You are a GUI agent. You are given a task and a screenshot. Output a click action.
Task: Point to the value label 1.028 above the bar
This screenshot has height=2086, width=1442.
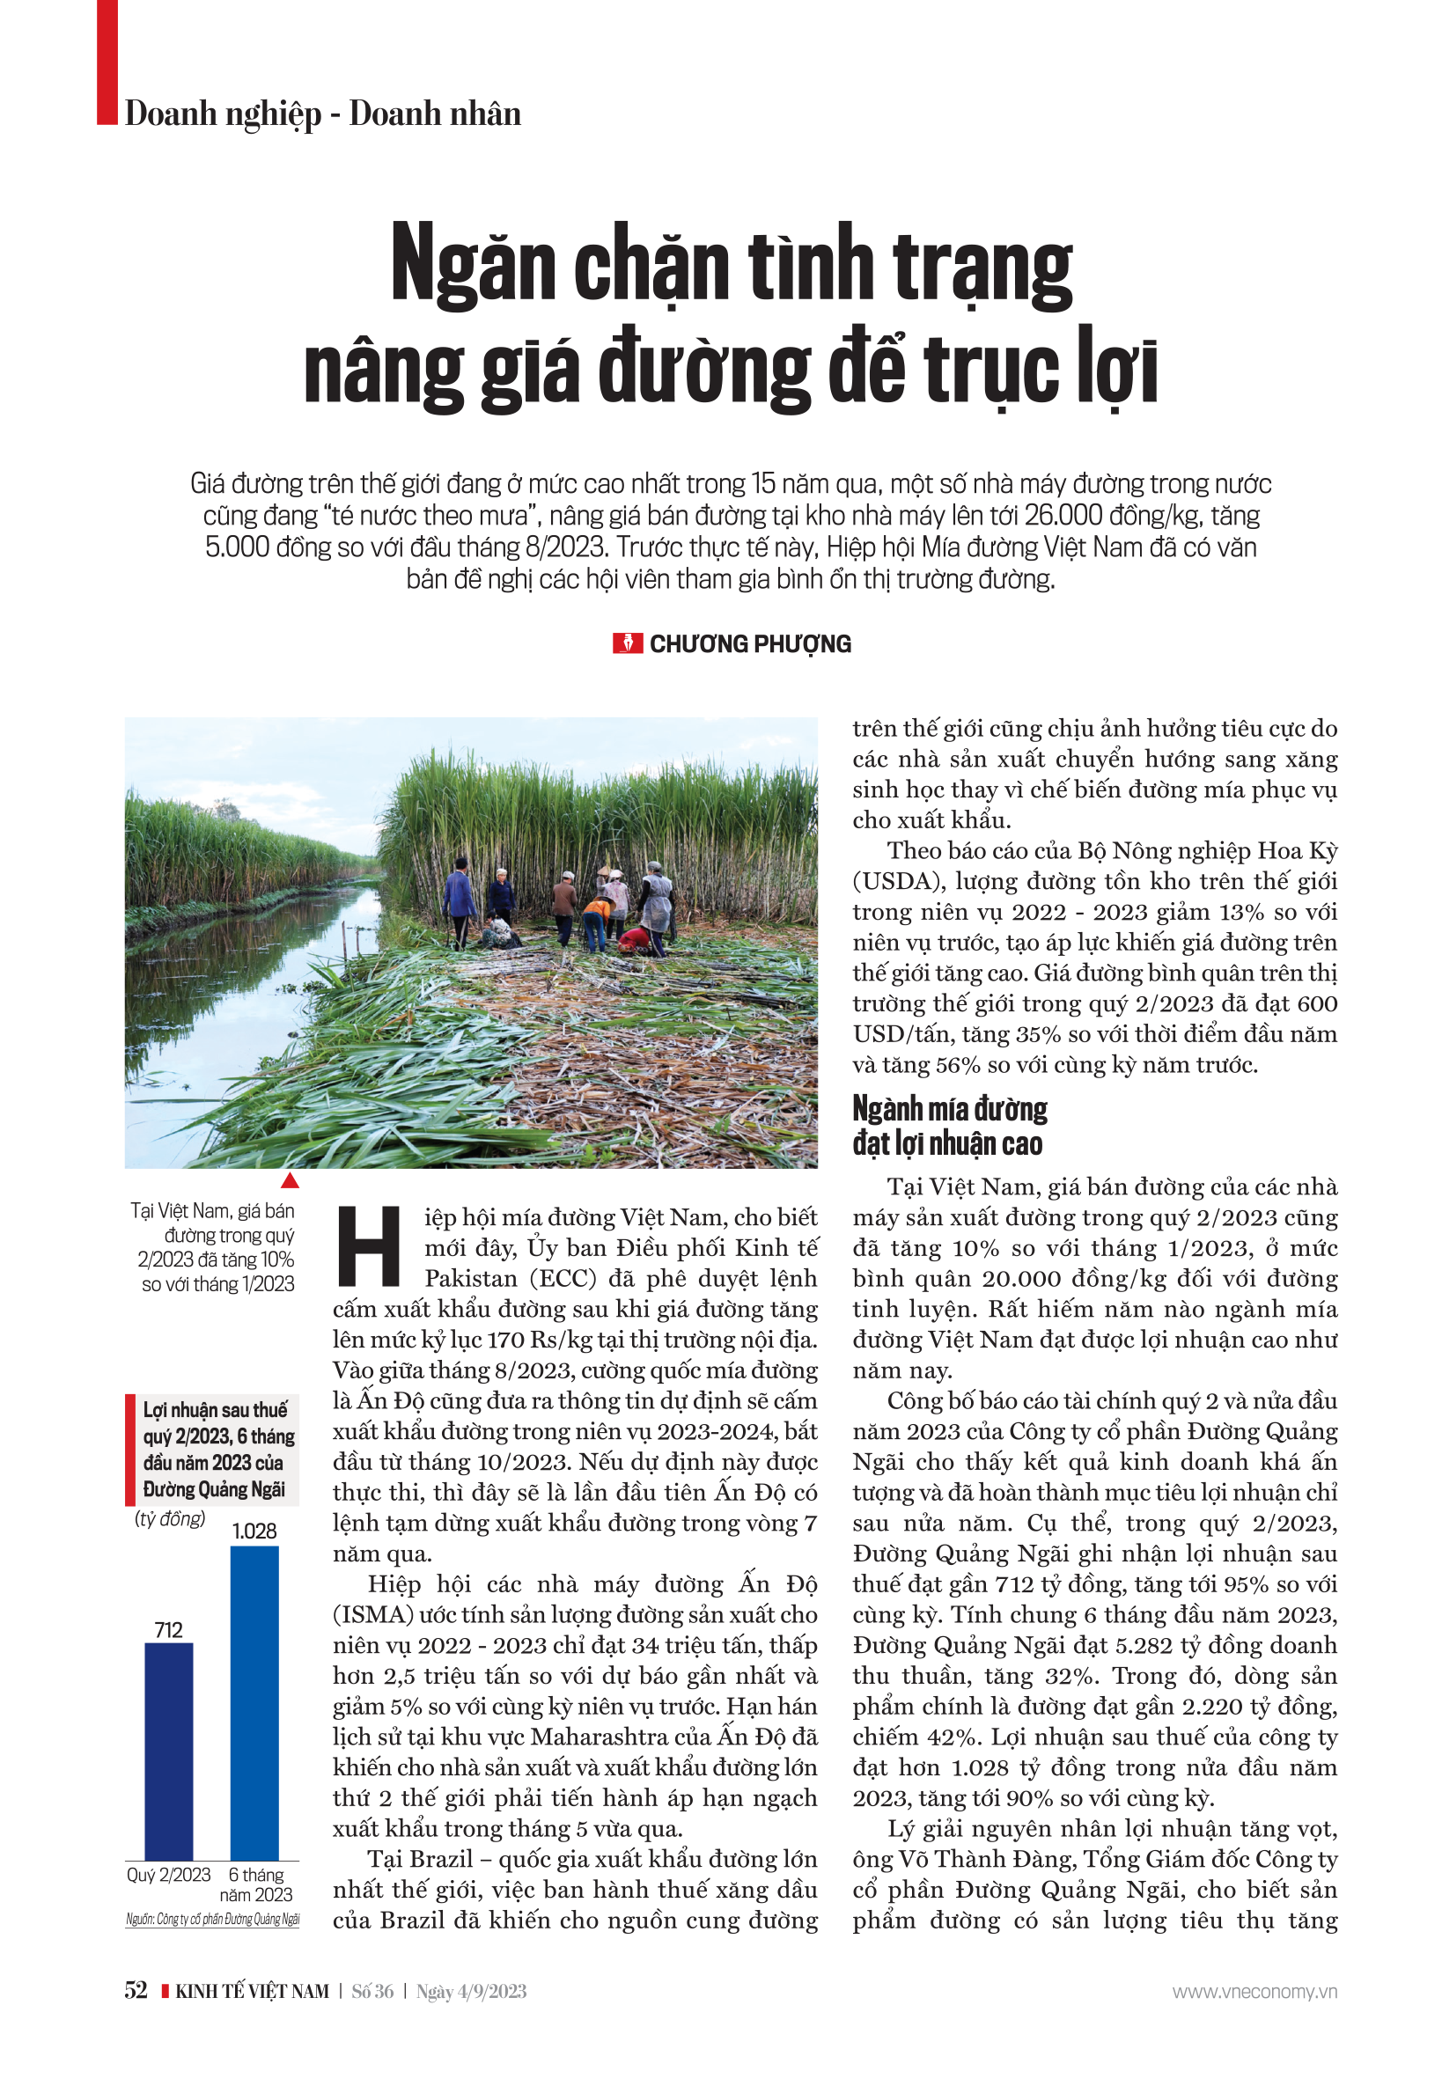254,1531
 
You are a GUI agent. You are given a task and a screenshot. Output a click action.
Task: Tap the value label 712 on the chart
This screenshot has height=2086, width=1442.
169,1631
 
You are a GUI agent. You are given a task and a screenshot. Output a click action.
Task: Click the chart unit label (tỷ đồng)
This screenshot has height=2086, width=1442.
170,1518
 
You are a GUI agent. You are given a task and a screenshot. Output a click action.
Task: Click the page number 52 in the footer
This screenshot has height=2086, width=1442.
136,1991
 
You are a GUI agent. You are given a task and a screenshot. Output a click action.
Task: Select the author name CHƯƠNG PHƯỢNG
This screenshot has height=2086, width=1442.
750,644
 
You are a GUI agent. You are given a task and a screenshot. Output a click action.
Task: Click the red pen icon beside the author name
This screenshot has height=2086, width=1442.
627,643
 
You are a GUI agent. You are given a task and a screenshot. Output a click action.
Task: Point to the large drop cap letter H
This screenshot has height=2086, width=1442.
369,1247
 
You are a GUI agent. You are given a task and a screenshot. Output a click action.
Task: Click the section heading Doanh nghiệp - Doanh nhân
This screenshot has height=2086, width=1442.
322,114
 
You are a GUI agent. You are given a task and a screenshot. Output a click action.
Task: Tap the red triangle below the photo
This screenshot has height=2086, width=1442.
289,1181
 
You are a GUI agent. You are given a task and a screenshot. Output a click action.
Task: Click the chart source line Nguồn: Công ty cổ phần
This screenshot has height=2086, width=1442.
212,1919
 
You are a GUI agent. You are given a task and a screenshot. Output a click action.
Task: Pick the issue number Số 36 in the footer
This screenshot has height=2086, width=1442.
372,1992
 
